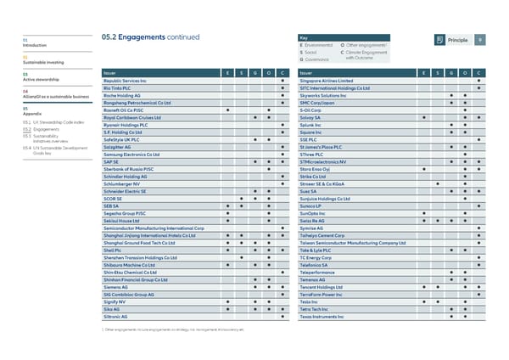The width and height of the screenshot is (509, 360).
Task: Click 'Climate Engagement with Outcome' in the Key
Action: tap(371, 55)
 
